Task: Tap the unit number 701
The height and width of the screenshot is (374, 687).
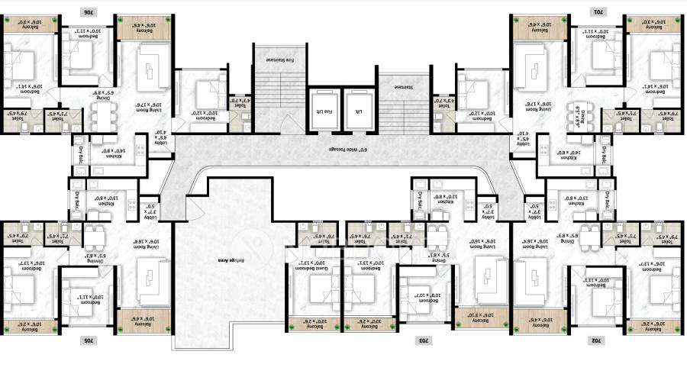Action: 601,11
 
